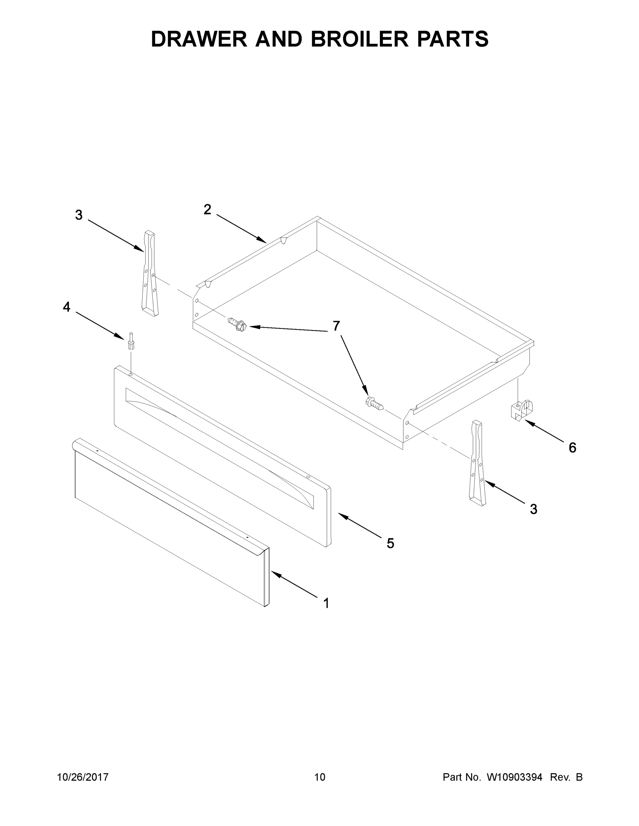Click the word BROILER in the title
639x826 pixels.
(360, 39)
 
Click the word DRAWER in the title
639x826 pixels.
(199, 39)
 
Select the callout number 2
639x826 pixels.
(207, 209)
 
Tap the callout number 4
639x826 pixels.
(66, 307)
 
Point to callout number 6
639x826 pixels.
(573, 447)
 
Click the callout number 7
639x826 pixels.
(336, 326)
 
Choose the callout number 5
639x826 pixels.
(390, 543)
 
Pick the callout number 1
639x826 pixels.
(326, 603)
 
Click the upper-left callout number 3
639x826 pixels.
(79, 215)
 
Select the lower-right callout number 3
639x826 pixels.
(533, 509)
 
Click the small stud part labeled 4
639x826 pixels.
(131, 342)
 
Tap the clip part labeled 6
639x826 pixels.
(522, 410)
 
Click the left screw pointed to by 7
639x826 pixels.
(237, 325)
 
